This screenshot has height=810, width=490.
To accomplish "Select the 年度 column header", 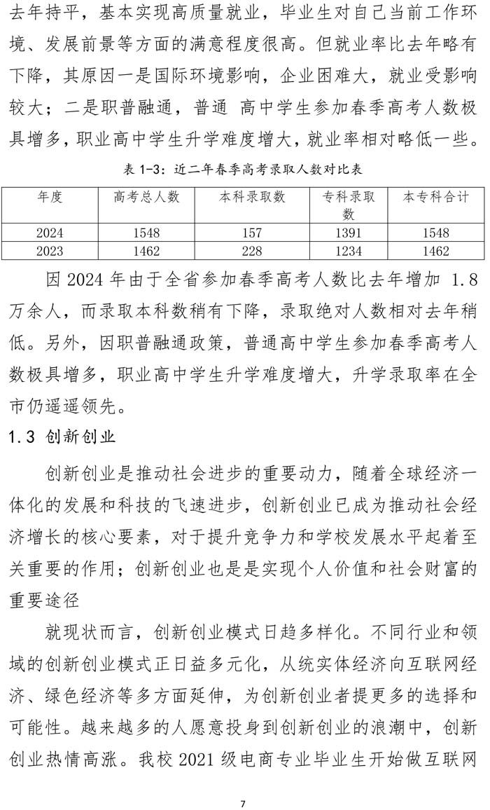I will coord(50,198).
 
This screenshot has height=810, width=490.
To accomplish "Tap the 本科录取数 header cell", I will coord(253,198).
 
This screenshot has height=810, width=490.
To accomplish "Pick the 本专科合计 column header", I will coord(435,198).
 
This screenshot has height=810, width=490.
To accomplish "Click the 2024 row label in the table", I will coord(50,233).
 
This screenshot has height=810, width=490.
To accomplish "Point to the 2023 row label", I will coord(50,251).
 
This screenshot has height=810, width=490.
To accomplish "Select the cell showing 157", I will coord(253,233).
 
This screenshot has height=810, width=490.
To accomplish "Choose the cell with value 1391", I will coord(349,233).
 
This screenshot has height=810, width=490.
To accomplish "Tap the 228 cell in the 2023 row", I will coord(253,251).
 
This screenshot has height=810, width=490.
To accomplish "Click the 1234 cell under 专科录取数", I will coord(349,251).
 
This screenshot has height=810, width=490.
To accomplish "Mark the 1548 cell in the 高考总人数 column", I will coord(145,233).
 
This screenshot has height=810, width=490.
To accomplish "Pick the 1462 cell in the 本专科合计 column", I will coord(435,251).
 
